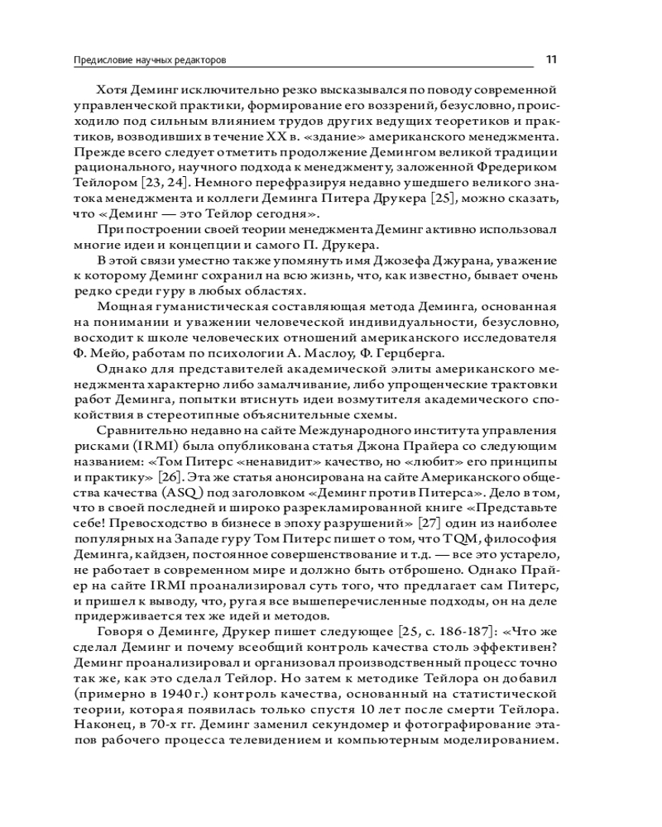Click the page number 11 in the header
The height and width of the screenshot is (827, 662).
551,60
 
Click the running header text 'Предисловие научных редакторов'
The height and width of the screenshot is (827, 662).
150,60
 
